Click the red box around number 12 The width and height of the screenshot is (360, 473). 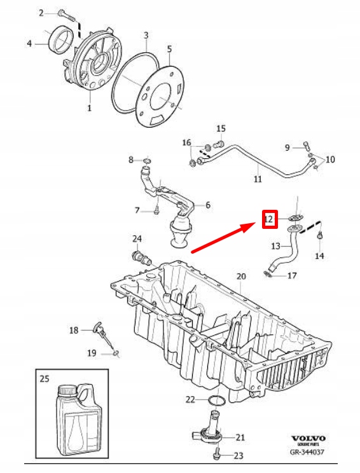coord(269,220)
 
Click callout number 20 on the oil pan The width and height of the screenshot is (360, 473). coord(240,277)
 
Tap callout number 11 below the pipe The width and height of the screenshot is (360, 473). coord(258,179)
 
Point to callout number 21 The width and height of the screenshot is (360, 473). coord(240,437)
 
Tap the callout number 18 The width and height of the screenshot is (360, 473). coord(74,330)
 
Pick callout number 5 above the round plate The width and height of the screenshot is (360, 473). coord(169,48)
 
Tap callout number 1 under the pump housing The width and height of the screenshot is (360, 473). coord(90,108)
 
